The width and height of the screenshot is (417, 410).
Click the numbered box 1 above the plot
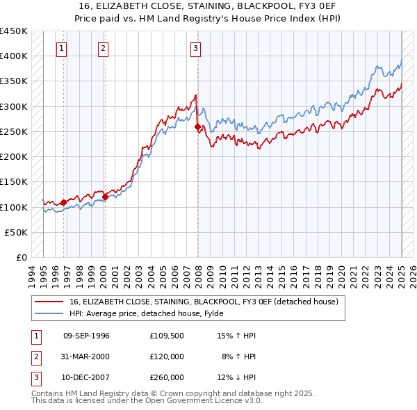click(63, 48)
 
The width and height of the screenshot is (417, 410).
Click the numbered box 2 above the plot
click(103, 48)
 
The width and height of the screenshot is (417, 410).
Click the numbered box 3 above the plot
click(195, 48)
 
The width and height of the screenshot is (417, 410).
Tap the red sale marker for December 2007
click(197, 126)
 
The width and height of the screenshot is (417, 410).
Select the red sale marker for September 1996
click(64, 202)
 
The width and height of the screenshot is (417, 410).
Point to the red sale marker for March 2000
click(105, 197)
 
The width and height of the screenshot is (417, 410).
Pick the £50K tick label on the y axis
click(17, 233)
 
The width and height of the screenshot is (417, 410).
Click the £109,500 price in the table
click(166, 336)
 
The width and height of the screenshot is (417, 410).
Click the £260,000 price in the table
click(166, 377)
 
